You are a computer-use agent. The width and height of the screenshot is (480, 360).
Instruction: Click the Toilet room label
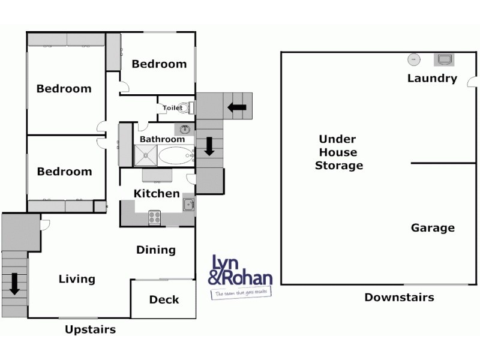click(173, 108)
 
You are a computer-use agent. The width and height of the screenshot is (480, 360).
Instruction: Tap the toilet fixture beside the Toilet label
click(190, 108)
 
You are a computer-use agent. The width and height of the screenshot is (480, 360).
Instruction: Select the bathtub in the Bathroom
click(176, 156)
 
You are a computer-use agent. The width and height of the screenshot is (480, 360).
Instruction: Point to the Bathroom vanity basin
click(185, 129)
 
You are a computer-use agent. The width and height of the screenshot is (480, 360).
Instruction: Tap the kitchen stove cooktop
click(154, 218)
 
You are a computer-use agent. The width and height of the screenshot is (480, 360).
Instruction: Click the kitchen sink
click(189, 205)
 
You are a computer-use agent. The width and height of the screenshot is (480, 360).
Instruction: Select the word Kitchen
click(156, 194)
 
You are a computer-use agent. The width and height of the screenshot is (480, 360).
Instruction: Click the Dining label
click(156, 250)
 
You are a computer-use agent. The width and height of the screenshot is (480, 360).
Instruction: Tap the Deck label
click(164, 299)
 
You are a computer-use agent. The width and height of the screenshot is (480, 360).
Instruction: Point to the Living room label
click(77, 279)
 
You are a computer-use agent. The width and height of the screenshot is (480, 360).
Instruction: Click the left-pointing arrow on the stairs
click(237, 107)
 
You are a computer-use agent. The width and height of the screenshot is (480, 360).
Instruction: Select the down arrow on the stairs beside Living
click(14, 283)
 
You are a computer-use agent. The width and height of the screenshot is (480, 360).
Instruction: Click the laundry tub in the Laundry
click(445, 59)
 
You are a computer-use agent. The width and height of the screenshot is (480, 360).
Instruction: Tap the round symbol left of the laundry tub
click(413, 59)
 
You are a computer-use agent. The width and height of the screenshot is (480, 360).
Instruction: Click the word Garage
click(433, 228)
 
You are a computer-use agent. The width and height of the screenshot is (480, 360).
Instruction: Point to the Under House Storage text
click(339, 152)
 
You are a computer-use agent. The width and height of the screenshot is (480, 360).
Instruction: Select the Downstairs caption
click(399, 297)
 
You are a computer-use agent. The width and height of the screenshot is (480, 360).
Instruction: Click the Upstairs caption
click(90, 329)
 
